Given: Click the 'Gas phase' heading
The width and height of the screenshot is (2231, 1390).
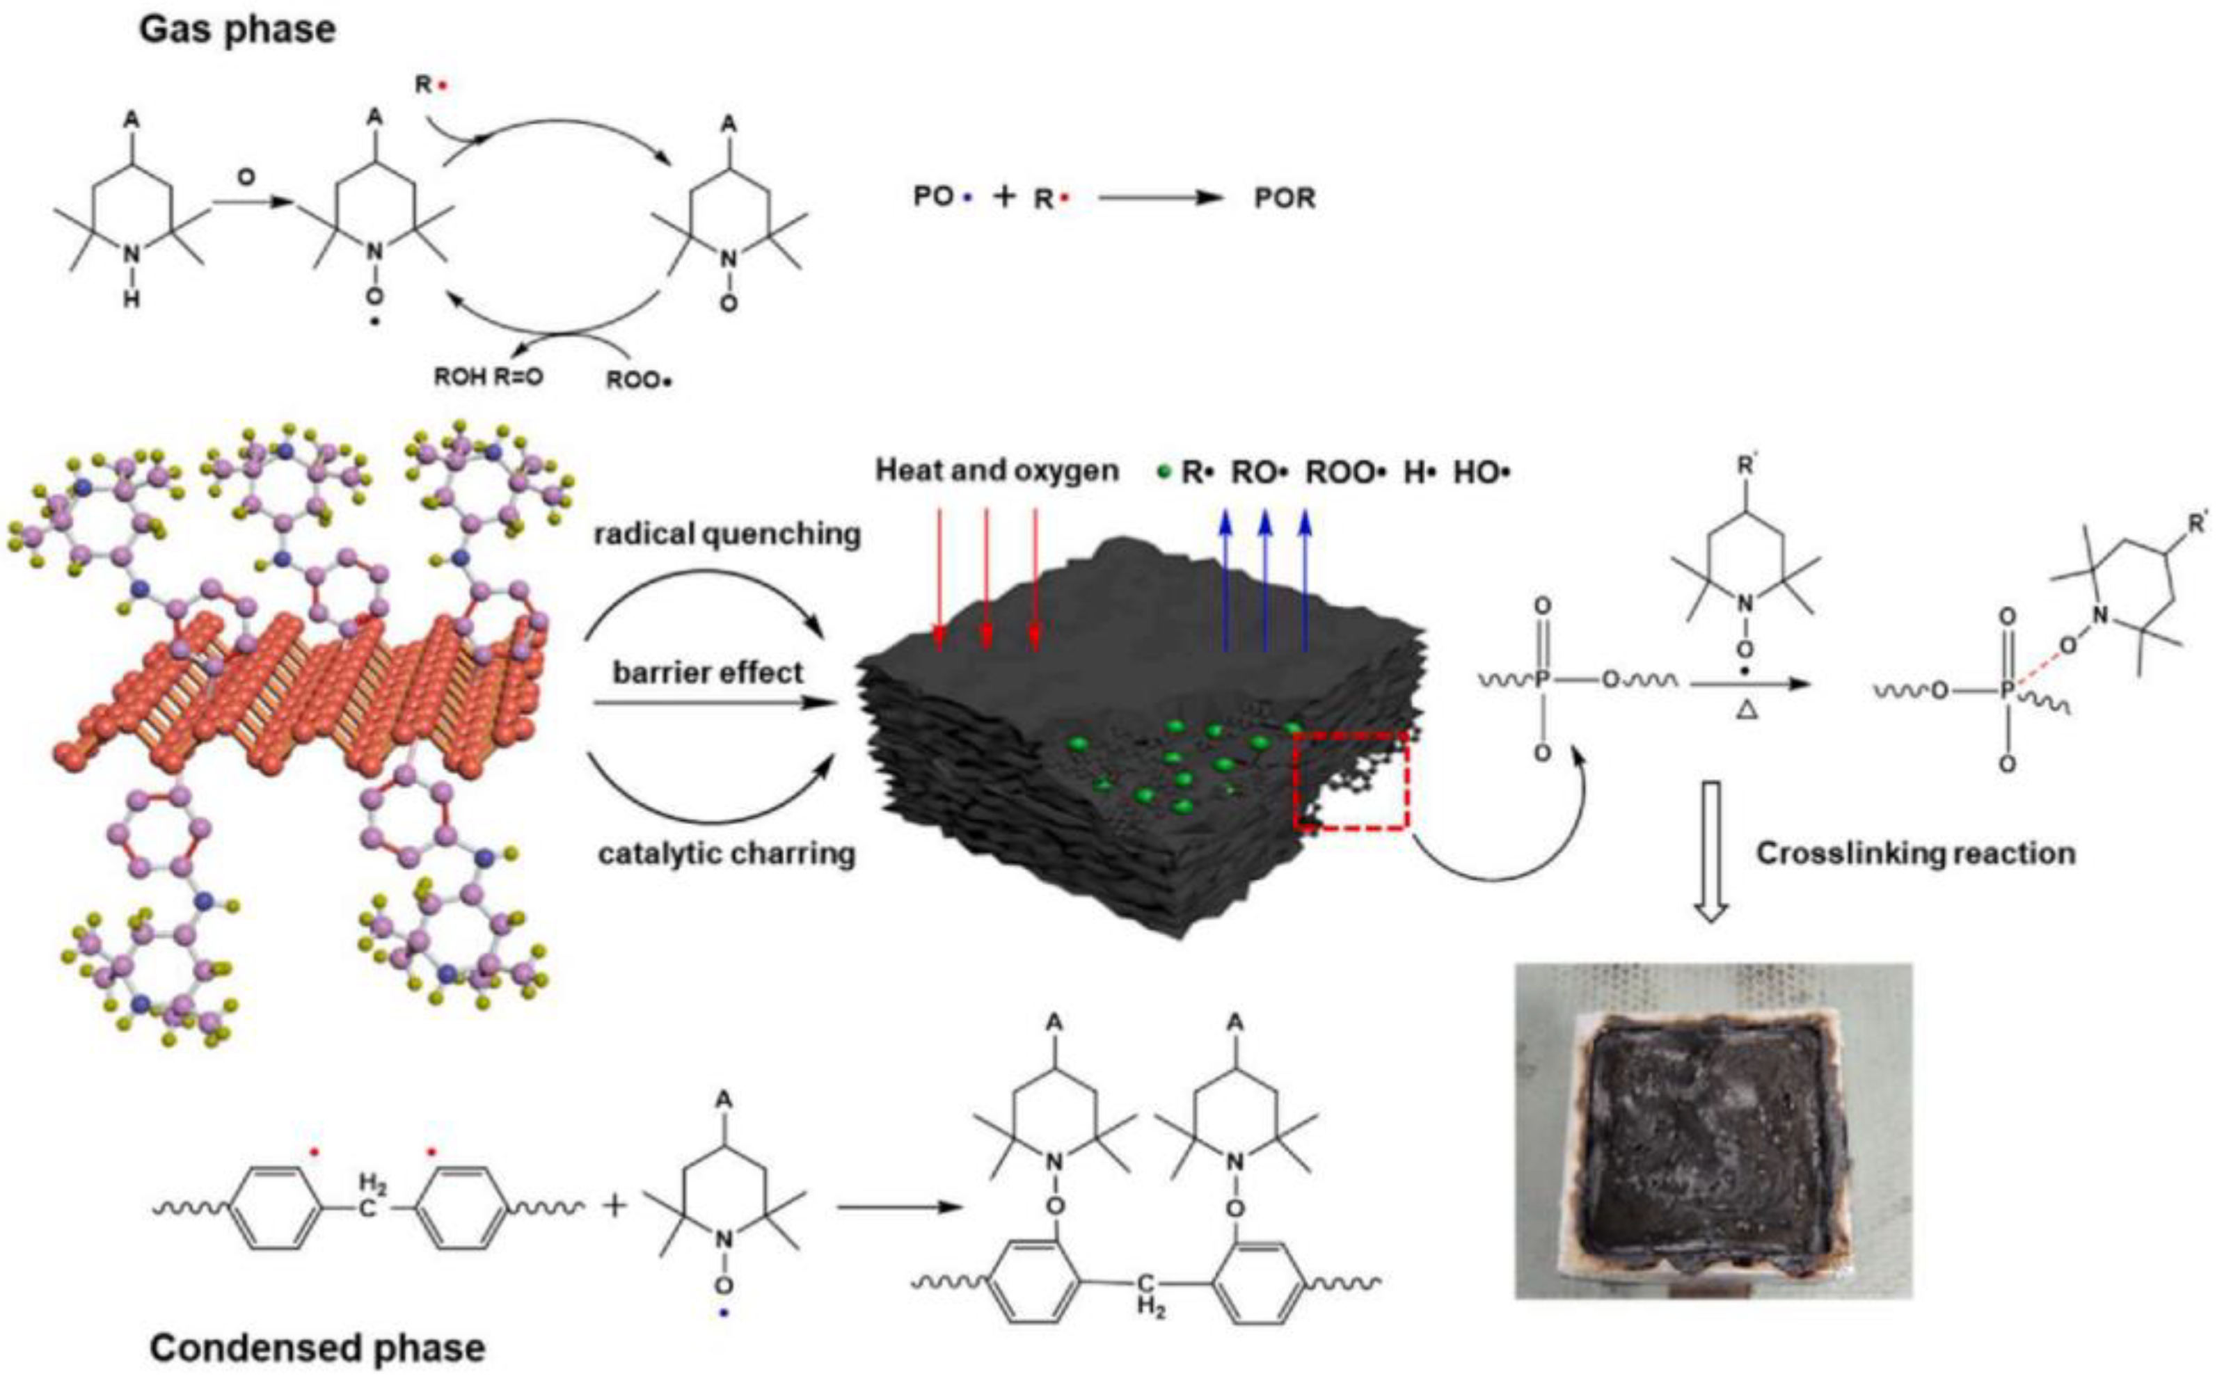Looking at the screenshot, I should (x=237, y=29).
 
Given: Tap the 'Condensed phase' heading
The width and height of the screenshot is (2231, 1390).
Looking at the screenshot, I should (x=317, y=1348).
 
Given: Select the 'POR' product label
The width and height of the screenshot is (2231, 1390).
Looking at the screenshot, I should (x=1285, y=198).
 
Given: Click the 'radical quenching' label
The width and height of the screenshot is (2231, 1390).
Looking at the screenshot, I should (x=727, y=534).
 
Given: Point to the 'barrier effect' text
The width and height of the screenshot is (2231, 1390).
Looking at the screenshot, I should (x=708, y=672).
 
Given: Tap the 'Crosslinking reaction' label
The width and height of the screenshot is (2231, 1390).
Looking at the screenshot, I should (x=1916, y=853).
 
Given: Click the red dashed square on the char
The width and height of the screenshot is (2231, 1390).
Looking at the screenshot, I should (x=1351, y=781).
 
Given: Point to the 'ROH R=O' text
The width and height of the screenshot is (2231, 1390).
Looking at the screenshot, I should (x=489, y=377).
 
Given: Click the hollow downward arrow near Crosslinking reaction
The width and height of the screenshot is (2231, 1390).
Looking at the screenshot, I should (x=1711, y=850).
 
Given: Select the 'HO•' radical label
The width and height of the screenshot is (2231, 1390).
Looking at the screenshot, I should (x=1482, y=472).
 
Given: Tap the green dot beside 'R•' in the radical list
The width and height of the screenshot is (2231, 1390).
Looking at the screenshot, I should (x=1164, y=472).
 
